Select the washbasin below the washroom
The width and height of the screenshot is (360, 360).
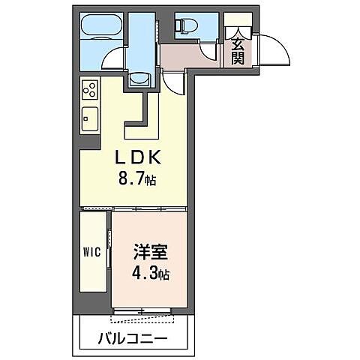click(139, 79)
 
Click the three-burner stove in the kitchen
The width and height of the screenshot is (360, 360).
click(89, 90)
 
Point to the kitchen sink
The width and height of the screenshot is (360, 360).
click(89, 118)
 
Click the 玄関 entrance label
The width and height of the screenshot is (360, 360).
click(238, 52)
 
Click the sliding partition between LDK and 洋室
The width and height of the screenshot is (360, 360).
click(135, 205)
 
